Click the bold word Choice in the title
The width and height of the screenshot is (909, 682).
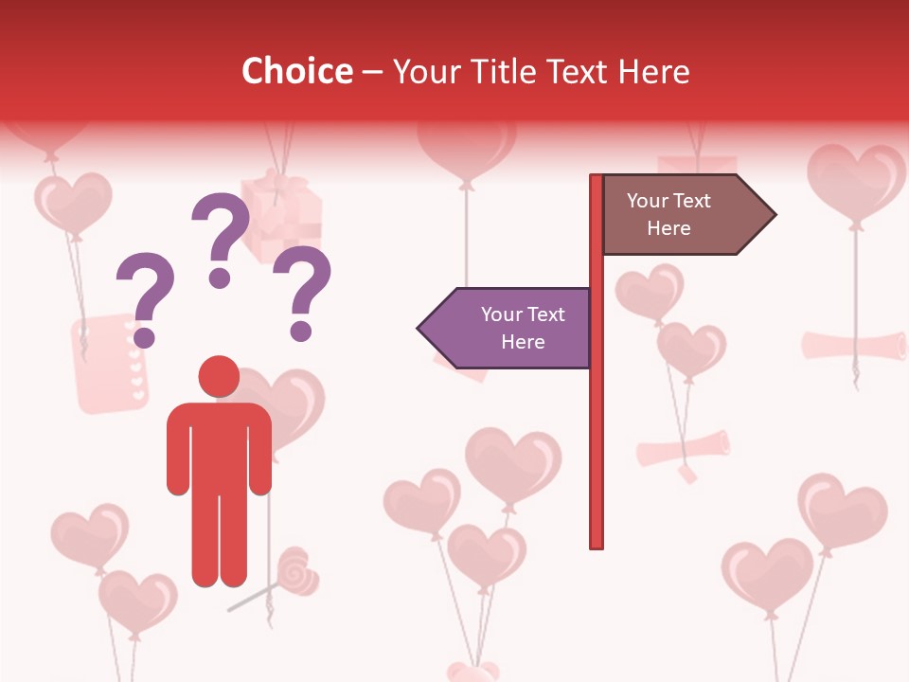296,71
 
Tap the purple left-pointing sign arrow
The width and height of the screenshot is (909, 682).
506,328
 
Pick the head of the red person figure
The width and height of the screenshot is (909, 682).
219,376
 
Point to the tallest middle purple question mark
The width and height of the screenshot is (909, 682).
222,238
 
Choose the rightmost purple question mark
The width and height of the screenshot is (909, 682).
303,292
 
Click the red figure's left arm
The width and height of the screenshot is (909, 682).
178,450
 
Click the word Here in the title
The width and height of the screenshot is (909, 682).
650,71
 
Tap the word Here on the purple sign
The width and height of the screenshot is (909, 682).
523,342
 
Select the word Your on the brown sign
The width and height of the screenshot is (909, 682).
648,201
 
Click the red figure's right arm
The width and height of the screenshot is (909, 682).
259,450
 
